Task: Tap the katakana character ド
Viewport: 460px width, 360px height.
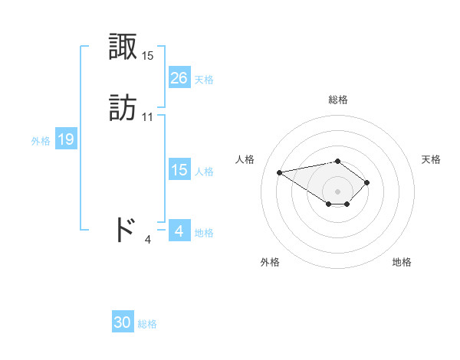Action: point(124,230)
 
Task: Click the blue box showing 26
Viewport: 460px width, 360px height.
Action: point(179,78)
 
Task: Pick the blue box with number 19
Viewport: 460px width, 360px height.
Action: point(66,139)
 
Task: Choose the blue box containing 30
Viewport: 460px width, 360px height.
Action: point(123,322)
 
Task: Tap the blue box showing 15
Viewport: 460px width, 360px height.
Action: point(179,170)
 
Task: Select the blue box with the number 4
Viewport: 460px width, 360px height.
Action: point(179,231)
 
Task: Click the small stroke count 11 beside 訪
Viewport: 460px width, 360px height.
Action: point(148,117)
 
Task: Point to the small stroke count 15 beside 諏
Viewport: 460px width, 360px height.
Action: point(148,56)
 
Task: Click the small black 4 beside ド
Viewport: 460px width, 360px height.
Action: point(148,239)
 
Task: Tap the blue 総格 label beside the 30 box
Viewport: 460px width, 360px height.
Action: point(147,324)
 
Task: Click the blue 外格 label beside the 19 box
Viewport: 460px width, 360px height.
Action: point(41,141)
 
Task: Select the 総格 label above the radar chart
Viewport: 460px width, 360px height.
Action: point(338,100)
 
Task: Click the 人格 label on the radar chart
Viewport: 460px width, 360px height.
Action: point(245,159)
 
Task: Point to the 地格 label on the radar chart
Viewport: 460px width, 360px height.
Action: point(402,262)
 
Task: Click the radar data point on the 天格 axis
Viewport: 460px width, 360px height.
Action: point(368,182)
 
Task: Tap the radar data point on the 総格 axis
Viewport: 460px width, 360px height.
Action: point(338,161)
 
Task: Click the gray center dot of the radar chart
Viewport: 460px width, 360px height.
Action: point(338,191)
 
